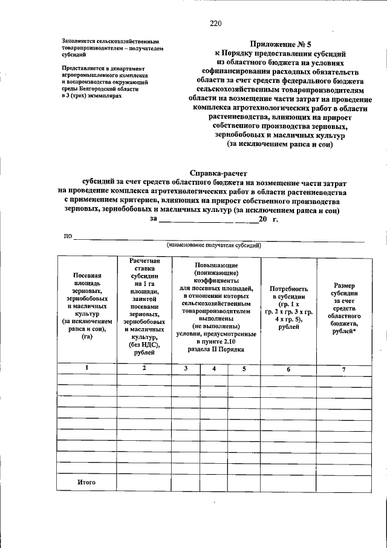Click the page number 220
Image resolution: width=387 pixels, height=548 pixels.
(216, 24)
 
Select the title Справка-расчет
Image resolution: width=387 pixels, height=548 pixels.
(215, 173)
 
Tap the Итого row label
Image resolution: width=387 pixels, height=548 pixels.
(87, 482)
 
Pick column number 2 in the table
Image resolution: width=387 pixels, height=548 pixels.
(144, 368)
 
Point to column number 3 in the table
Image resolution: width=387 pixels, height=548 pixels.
(186, 368)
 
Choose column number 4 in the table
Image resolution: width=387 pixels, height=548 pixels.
(214, 368)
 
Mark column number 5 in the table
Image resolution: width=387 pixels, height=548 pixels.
(244, 368)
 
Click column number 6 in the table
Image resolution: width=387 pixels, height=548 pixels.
(288, 369)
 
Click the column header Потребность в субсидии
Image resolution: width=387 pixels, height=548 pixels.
(288, 308)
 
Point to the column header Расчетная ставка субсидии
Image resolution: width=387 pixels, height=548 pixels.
(144, 309)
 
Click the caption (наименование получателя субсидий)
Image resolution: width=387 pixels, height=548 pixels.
(214, 245)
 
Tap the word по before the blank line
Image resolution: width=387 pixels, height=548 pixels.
(68, 236)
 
